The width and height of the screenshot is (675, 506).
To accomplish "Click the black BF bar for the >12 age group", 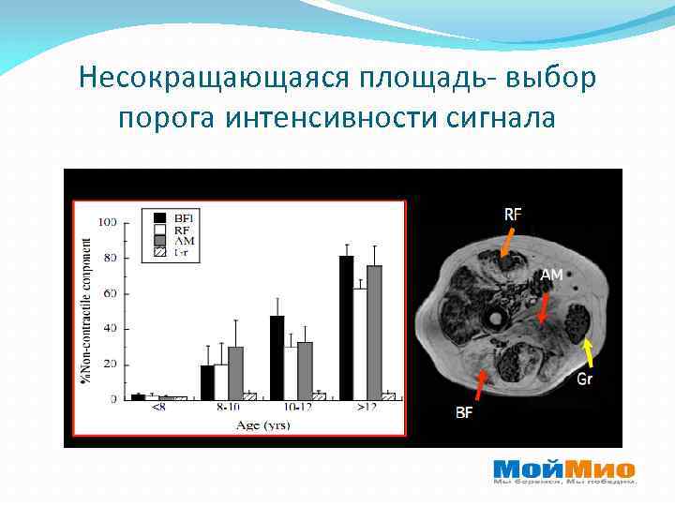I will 347,327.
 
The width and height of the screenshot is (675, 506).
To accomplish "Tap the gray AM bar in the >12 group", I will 374,332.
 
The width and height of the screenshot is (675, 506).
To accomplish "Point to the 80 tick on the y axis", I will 110,258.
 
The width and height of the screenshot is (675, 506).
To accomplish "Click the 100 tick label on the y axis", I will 108,222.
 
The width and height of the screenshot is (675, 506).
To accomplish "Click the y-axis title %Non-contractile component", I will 87,309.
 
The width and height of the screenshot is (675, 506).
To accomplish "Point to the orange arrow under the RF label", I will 505,242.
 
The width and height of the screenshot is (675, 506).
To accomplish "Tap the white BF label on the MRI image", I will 465,411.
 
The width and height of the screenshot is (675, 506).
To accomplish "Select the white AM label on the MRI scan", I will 551,275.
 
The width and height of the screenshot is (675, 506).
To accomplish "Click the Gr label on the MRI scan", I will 585,379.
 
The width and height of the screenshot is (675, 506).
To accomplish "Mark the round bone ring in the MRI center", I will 492,320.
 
